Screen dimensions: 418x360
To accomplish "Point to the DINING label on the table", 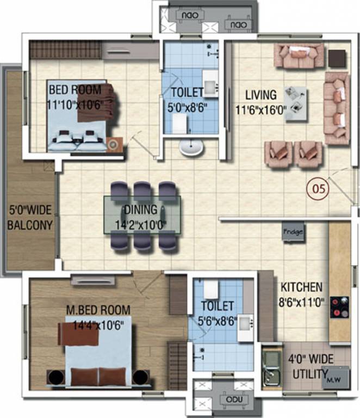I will [140, 209].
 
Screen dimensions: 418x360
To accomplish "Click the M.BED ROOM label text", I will [98, 310].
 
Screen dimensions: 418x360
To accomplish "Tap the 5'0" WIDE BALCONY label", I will [30, 217].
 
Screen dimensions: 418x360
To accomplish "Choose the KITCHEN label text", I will [301, 287].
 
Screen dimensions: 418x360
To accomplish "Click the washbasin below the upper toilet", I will [190, 146].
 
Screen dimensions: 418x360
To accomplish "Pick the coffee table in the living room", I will [296, 99].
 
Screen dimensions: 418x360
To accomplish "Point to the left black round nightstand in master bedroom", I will [54, 377].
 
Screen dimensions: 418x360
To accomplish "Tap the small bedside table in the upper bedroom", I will [115, 144].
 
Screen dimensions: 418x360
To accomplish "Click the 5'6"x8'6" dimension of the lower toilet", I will [218, 321].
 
